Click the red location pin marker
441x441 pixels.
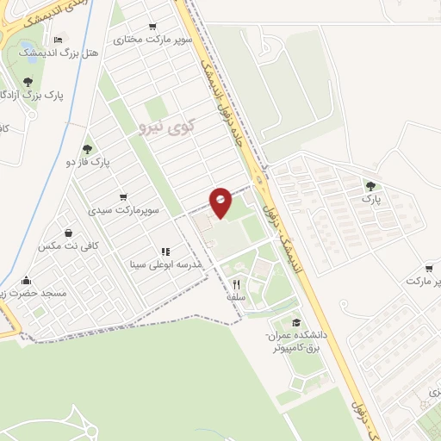click(220, 202)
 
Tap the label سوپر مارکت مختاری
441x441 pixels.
click(153, 40)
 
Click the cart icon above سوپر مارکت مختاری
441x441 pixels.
click(153, 27)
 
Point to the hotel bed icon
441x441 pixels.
click(59, 40)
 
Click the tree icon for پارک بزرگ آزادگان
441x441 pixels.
click(28, 82)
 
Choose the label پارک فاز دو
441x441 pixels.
click(88, 161)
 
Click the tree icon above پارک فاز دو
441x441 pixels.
click(87, 148)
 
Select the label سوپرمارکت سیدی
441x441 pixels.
click(122, 210)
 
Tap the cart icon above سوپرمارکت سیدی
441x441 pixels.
click(123, 197)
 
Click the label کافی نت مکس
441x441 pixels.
click(69, 245)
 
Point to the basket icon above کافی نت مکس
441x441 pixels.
click(68, 233)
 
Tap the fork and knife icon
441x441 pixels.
click(235, 283)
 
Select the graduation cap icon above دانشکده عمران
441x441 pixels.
click(295, 322)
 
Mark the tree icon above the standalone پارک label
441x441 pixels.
click(370, 185)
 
